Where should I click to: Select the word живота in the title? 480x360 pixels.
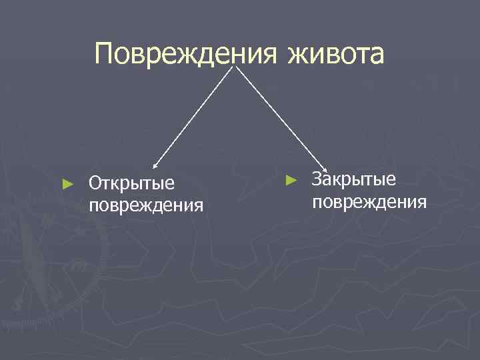pyautogui.click(x=336, y=54)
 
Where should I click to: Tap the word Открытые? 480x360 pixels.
pyautogui.click(x=132, y=182)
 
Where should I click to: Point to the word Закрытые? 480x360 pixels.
pyautogui.click(x=354, y=179)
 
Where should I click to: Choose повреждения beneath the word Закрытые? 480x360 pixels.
pyautogui.click(x=369, y=201)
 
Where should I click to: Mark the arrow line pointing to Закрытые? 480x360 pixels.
pyautogui.click(x=280, y=117)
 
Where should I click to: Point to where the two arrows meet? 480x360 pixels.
pyautogui.click(x=237, y=65)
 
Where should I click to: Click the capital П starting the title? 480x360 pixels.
pyautogui.click(x=105, y=54)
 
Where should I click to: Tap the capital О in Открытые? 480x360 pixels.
pyautogui.click(x=95, y=182)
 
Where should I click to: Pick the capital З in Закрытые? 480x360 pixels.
pyautogui.click(x=317, y=179)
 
